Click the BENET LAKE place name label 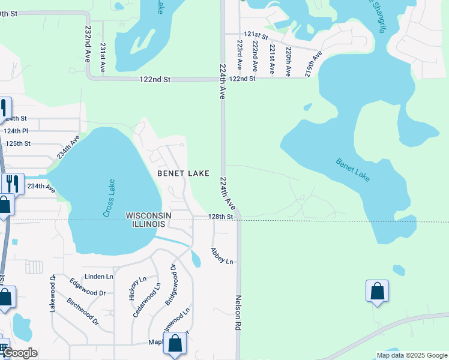(x=183, y=173)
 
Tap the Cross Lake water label (x=109, y=199)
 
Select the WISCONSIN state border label (x=148, y=215)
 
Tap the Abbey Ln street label (x=221, y=256)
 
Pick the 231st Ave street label (x=103, y=58)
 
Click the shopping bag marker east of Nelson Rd (x=377, y=292)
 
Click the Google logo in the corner (x=20, y=353)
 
